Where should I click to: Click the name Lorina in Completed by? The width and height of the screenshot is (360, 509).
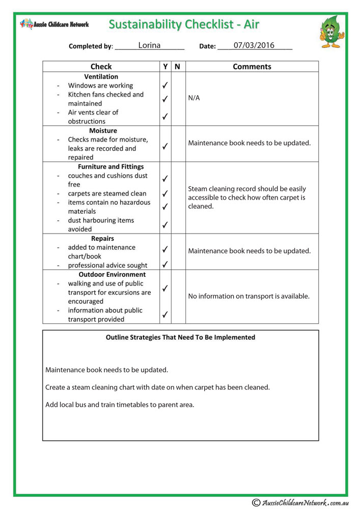[x=149, y=45]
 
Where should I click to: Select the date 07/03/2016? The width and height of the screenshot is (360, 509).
[x=254, y=45]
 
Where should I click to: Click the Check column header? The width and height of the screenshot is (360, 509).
[x=101, y=67]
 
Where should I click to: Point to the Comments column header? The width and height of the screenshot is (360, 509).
[x=252, y=67]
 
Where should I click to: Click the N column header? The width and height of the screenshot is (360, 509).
[x=177, y=67]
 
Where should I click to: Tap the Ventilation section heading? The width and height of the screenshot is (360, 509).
[x=101, y=76]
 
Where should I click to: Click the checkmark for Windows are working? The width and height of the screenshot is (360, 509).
[x=165, y=86]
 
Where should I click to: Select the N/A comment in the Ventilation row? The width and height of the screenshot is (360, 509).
[x=194, y=98]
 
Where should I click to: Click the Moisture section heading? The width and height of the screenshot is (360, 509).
[x=103, y=130]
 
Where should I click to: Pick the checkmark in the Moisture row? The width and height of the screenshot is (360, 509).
[x=165, y=146]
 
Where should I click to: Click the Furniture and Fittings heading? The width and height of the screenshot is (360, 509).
[x=110, y=166]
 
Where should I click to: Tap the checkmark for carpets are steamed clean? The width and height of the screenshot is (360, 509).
[x=165, y=193]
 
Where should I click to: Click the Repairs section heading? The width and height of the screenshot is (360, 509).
[x=102, y=238]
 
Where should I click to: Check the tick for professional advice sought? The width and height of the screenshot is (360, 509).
[x=165, y=265]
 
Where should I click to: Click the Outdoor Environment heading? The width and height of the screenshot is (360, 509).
[x=112, y=274]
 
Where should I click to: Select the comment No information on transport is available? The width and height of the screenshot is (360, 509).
[x=248, y=296]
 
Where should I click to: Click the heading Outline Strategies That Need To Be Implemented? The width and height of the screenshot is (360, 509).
[x=180, y=337]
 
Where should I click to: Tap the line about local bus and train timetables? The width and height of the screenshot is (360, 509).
[x=120, y=405]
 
